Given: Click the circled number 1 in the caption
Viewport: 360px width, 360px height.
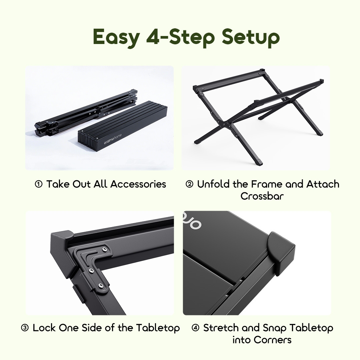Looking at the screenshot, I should pyautogui.click(x=39, y=184).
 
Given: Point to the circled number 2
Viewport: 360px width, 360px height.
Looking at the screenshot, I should pyautogui.click(x=189, y=184).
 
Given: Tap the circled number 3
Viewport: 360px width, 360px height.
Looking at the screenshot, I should pyautogui.click(x=25, y=328).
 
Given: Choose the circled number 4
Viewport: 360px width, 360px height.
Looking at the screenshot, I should pyautogui.click(x=196, y=328).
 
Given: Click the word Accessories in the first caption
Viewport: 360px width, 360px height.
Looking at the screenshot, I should pyautogui.click(x=138, y=184).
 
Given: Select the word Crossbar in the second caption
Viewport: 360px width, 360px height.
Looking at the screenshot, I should pyautogui.click(x=262, y=196).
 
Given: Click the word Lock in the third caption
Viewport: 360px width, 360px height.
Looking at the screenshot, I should pyautogui.click(x=44, y=328).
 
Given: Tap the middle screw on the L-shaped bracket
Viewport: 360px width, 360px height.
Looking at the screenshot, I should pyautogui.click(x=90, y=271).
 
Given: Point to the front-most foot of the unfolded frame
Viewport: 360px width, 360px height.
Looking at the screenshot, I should pyautogui.click(x=259, y=162).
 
